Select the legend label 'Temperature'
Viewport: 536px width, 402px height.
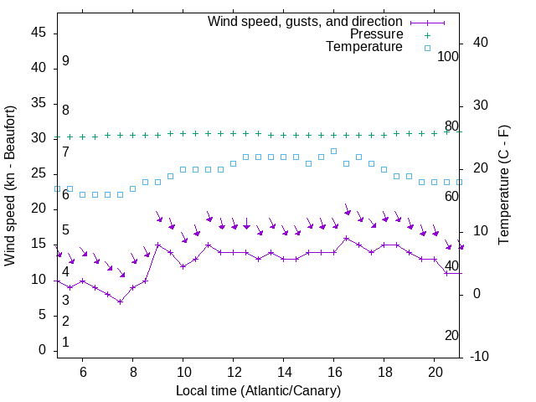click(x=364, y=47)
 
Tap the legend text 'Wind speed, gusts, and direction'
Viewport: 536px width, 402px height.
click(x=306, y=21)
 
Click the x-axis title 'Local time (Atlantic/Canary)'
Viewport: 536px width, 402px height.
click(x=259, y=391)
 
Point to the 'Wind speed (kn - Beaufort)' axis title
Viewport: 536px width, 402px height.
click(x=10, y=186)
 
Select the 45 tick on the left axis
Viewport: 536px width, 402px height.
click(x=39, y=33)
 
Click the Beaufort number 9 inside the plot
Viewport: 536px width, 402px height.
click(x=65, y=61)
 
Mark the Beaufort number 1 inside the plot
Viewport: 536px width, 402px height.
click(x=65, y=343)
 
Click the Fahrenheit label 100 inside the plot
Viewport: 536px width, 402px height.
click(x=448, y=56)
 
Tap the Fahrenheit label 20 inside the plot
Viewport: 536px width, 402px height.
click(x=451, y=335)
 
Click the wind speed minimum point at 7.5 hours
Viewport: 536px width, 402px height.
click(x=120, y=301)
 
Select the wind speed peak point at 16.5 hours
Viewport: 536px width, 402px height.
click(x=347, y=238)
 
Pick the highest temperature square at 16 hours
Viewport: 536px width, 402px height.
click(x=333, y=151)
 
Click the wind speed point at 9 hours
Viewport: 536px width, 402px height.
click(x=157, y=245)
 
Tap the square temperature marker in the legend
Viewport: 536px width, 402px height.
click(x=426, y=48)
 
